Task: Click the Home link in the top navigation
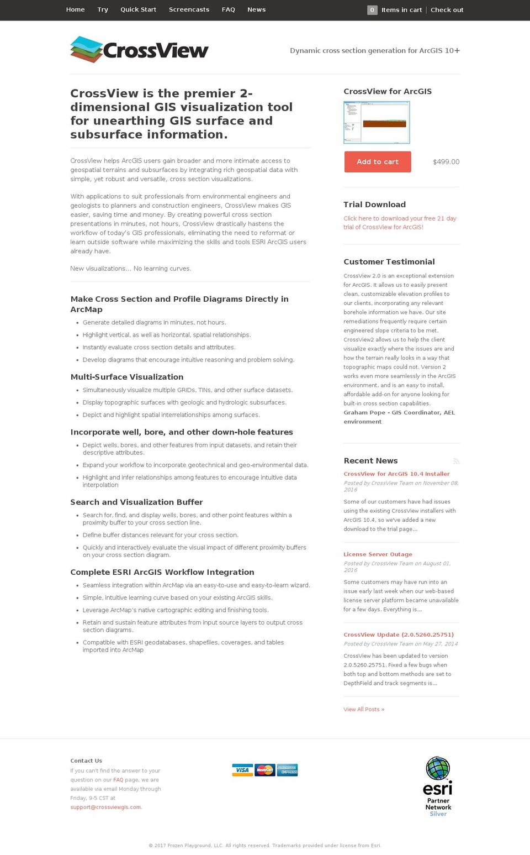[x=75, y=9]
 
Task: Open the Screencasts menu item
[x=189, y=9]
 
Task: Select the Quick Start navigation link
[x=138, y=9]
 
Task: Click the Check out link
[x=447, y=9]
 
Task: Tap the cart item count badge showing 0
[x=372, y=9]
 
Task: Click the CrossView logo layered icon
[x=86, y=49]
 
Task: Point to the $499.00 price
[x=446, y=162]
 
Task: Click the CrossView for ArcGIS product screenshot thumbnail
[x=377, y=123]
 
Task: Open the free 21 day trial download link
[x=400, y=223]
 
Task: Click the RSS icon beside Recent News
[x=456, y=461]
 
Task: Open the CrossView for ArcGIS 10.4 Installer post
[x=396, y=474]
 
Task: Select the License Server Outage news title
[x=378, y=554]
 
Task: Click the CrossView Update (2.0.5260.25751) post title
[x=399, y=634]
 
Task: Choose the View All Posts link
[x=364, y=709]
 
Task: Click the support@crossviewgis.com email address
[x=105, y=807]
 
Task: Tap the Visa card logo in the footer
[x=242, y=770]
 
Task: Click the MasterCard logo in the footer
[x=265, y=770]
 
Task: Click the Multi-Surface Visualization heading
[x=127, y=377]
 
